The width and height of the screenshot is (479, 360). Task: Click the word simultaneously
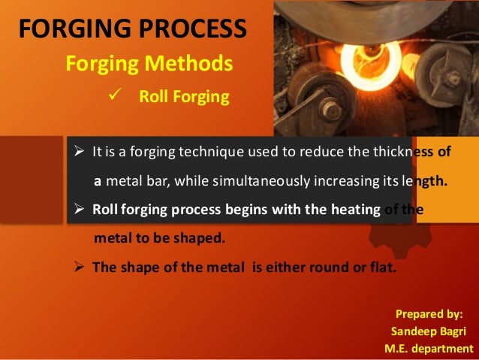[258, 180]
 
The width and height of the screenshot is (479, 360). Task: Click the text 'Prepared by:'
[429, 314]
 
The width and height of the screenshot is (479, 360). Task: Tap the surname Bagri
[454, 331]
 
